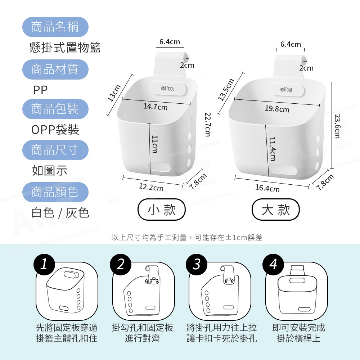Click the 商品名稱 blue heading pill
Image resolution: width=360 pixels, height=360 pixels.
click(55, 27)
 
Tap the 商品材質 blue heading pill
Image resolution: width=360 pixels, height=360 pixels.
click(55, 69)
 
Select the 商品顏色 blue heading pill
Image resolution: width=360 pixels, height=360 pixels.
click(55, 192)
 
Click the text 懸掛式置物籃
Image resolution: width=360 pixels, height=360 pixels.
click(65, 48)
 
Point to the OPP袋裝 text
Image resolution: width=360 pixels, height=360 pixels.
click(55, 130)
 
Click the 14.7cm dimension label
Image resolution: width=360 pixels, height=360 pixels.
click(156, 107)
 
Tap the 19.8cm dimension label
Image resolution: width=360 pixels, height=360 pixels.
click(277, 109)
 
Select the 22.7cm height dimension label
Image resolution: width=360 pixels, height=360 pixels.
click(208, 124)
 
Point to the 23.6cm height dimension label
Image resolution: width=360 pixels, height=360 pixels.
click(337, 126)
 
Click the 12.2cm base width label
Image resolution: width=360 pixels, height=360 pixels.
click(151, 187)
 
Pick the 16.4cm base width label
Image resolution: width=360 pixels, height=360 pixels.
click(267, 188)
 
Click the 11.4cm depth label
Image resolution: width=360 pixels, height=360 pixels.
click(272, 149)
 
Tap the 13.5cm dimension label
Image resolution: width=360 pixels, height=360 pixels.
click(226, 90)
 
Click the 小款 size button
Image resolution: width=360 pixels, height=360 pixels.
click(161, 210)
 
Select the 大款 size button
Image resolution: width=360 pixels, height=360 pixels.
click(276, 210)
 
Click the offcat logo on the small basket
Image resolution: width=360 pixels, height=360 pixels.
click(168, 89)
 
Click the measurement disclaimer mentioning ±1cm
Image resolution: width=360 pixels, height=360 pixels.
click(186, 237)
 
